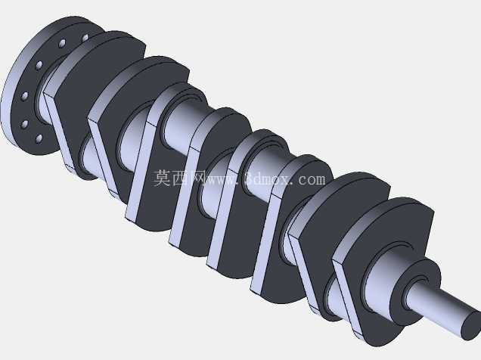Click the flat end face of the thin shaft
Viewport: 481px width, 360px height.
click(472, 326)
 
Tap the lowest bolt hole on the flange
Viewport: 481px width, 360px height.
click(39, 139)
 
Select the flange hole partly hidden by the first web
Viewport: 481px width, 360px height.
click(85, 38)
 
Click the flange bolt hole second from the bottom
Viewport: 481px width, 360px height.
click(24, 125)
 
